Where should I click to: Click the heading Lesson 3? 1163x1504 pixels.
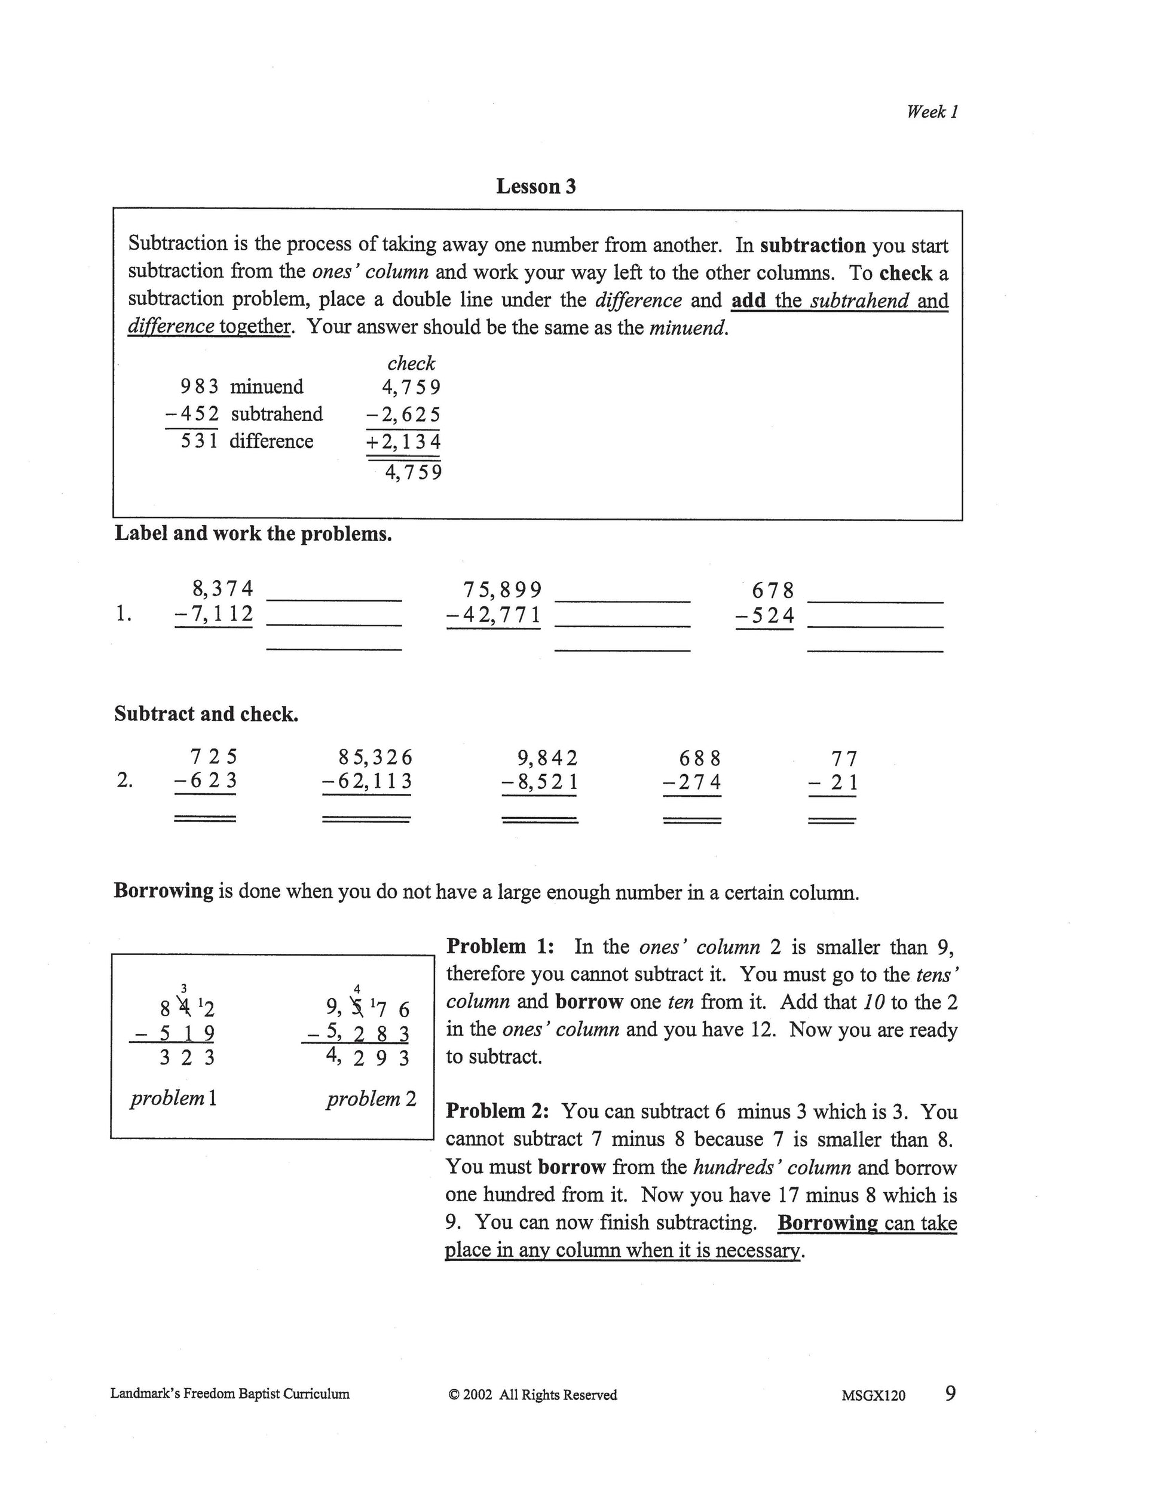click(x=535, y=186)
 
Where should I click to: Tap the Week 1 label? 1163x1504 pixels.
click(x=932, y=112)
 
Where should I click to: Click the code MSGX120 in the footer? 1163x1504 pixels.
click(x=873, y=1395)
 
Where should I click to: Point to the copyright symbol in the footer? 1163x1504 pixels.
click(x=454, y=1395)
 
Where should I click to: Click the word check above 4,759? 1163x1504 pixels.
click(x=411, y=363)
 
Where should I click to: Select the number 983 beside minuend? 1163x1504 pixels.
click(x=199, y=386)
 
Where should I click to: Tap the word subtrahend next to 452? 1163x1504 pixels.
click(x=276, y=414)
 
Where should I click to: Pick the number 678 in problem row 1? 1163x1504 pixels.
click(x=772, y=591)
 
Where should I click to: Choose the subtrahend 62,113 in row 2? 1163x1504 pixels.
click(x=372, y=782)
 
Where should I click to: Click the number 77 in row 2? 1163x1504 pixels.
click(x=844, y=759)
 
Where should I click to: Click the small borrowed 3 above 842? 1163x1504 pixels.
click(x=183, y=989)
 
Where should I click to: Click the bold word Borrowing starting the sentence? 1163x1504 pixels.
click(x=163, y=891)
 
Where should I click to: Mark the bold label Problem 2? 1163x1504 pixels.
click(x=497, y=1112)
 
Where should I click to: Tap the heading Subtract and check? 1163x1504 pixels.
click(x=206, y=714)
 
